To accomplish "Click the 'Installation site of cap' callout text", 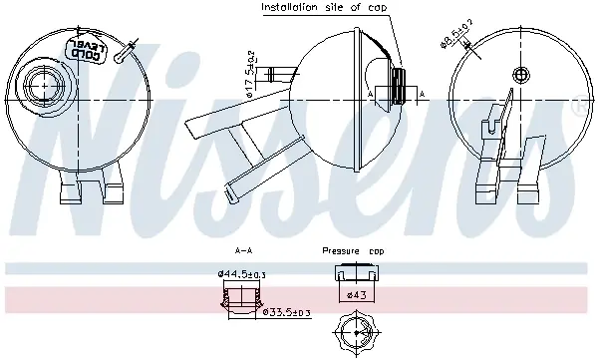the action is point(324,7).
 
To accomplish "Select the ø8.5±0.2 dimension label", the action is point(456,34).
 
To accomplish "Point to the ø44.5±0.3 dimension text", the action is point(241,274).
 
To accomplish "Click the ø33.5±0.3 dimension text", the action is point(287,313).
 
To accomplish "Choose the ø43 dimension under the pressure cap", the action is point(357,295).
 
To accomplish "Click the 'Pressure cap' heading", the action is point(353,251).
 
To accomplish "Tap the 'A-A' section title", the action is point(243,251).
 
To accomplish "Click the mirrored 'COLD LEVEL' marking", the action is point(87,49).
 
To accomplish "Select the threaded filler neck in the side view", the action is point(398,87).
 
